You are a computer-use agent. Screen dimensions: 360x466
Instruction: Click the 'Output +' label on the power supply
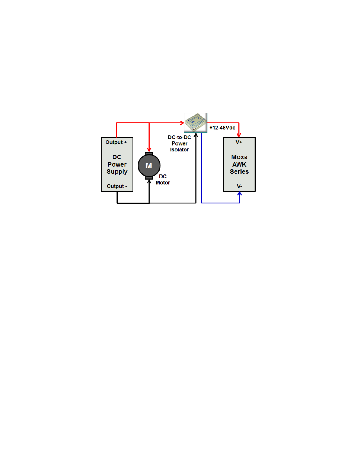pos(116,142)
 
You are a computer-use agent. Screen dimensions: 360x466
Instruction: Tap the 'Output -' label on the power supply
pos(117,186)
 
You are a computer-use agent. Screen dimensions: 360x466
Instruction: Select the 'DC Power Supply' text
pos(117,164)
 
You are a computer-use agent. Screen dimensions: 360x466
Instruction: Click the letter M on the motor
pos(149,166)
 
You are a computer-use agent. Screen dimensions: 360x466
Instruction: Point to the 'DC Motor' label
pos(163,180)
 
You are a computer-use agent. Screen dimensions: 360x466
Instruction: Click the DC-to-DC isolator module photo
pos(196,123)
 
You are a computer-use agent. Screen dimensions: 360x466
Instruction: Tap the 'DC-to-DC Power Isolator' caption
pos(179,143)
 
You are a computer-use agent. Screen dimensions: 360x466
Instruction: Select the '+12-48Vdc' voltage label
pos(222,128)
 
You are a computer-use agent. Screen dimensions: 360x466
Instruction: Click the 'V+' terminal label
pos(239,142)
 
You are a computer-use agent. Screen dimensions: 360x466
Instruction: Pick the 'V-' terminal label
pos(239,186)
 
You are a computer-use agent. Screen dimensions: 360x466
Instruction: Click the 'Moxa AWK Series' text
pos(239,164)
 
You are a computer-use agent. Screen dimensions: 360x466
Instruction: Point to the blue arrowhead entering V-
pos(240,194)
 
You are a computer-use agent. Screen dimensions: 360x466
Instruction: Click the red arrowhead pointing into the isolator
pos(182,123)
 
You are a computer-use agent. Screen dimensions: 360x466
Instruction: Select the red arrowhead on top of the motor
pos(149,150)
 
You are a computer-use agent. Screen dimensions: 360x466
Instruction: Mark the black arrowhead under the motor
pos(149,182)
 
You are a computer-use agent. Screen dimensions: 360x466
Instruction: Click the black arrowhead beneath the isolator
pos(196,135)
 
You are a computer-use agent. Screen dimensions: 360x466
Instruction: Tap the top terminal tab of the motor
pos(149,153)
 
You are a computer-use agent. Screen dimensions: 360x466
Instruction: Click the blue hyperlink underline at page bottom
pos(58,463)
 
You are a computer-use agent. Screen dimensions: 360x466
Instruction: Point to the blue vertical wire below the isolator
pos(201,168)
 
